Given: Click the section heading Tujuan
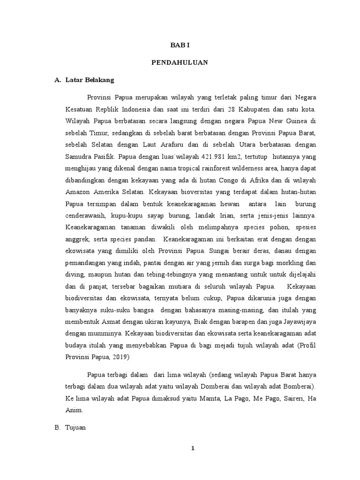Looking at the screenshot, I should tap(77, 428).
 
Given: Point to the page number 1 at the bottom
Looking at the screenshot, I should tap(193, 449).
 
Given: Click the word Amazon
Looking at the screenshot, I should tap(79, 192).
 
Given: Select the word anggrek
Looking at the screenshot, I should tap(77, 240).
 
